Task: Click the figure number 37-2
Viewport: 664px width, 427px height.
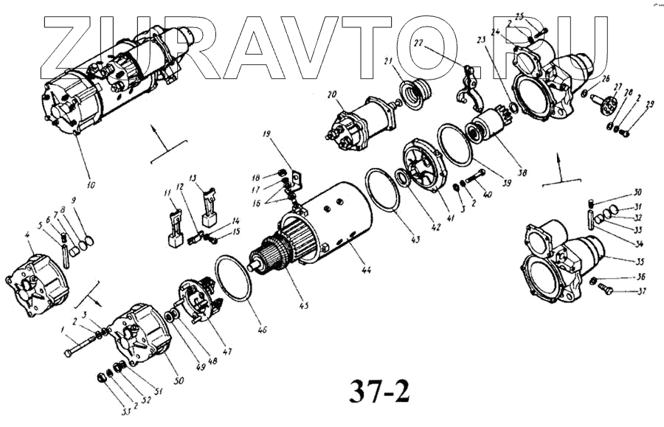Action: tap(376, 389)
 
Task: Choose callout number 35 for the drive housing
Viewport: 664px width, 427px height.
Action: tap(619, 262)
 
